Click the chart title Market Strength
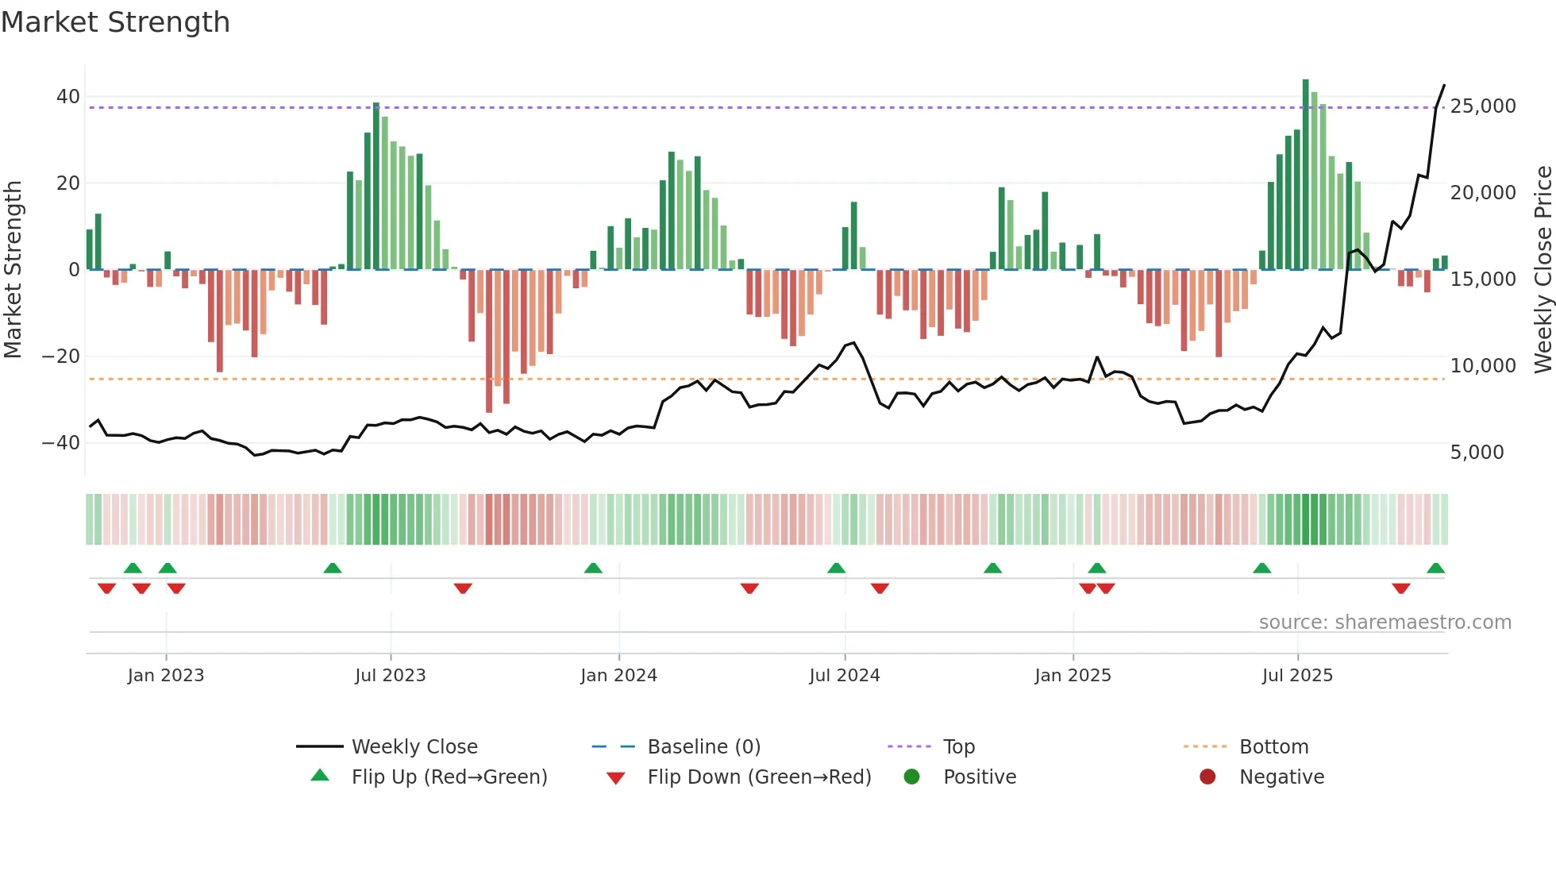115,22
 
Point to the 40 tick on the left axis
68,97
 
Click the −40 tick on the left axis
61,443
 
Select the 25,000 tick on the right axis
1482,106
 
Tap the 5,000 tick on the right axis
1477,453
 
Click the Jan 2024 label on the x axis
618,676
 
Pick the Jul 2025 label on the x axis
1297,676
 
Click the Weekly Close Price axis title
1543,270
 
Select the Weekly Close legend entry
414,747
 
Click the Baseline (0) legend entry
703,747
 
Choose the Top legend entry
958,747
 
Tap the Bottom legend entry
1273,747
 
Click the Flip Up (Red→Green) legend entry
449,777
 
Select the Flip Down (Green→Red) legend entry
758,777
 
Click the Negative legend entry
1281,777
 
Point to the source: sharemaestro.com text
1385,623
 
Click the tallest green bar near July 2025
1305,175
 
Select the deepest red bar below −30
489,341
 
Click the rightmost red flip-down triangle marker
1400,588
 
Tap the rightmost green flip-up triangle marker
1435,568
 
